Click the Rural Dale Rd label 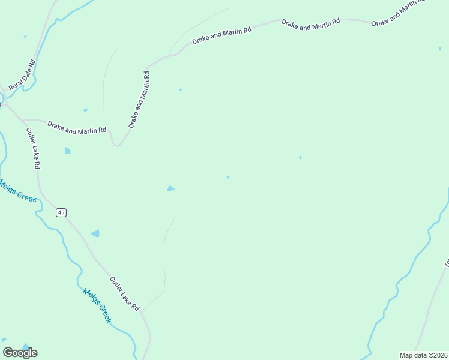23,75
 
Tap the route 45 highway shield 61,212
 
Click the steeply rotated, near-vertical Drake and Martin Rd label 139,100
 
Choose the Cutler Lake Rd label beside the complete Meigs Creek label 125,293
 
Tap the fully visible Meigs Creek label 97,306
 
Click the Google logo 20,353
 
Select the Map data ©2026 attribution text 424,355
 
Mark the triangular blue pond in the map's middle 171,188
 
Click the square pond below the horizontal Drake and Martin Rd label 68,151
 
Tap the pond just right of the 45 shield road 95,233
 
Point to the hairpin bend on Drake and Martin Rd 116,144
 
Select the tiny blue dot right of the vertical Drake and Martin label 181,90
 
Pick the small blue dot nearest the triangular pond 228,177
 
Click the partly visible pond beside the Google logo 25,346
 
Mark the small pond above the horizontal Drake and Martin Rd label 85,110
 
